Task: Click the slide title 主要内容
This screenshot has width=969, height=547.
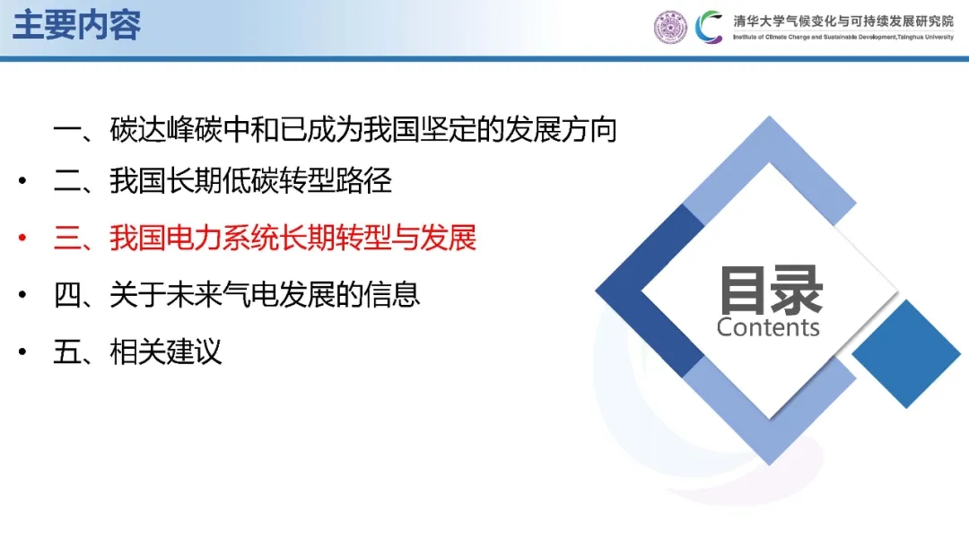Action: tap(76, 25)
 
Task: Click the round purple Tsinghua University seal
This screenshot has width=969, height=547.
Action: tap(670, 28)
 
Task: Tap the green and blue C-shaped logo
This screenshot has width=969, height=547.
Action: tap(709, 28)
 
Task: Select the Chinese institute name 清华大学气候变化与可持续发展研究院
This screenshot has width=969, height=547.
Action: tap(843, 21)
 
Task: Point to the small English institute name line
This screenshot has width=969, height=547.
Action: tap(843, 37)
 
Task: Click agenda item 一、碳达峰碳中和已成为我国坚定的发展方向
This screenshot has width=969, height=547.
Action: tap(335, 130)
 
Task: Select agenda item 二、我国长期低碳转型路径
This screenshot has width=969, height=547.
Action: tap(223, 181)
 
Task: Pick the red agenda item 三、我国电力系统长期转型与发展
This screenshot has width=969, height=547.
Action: tap(265, 238)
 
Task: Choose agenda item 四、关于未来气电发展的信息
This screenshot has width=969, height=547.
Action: tap(237, 294)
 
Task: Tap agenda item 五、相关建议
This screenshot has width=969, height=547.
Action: tap(137, 352)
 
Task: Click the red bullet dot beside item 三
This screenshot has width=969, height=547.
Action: tap(22, 238)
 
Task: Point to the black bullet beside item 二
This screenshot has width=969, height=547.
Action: tap(22, 181)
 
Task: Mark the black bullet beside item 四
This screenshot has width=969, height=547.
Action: tap(22, 294)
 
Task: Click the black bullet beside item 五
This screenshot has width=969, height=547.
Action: tap(22, 352)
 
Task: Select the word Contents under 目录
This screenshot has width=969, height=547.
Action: tap(768, 327)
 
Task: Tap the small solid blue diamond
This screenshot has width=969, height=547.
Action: tap(906, 354)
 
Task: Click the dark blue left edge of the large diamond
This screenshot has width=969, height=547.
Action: tap(650, 291)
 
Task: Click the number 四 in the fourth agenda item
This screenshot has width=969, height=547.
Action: tap(67, 294)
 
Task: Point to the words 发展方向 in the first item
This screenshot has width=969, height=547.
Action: tap(561, 130)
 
